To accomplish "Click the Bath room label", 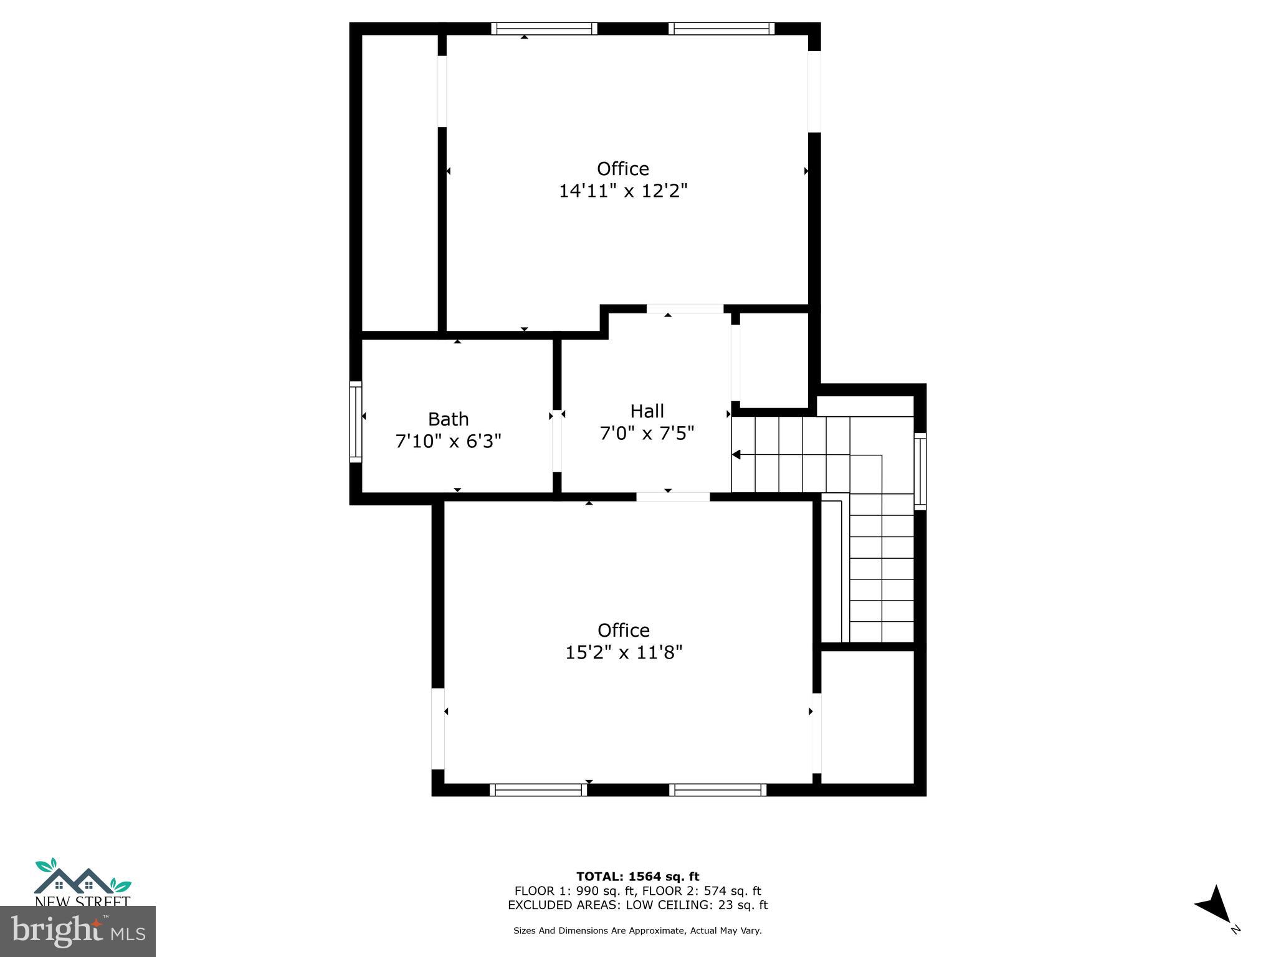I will tap(448, 419).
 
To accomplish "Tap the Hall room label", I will tap(647, 411).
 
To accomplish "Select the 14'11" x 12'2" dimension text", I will tap(622, 191).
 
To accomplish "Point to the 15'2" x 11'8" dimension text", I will tap(624, 652).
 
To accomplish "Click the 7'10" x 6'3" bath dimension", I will tap(448, 441).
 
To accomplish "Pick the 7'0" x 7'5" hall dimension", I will tap(647, 433).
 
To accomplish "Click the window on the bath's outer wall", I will tap(355, 422).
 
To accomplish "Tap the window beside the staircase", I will tap(920, 472).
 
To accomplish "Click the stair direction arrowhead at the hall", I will tap(736, 455).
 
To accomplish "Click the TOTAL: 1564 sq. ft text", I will tap(637, 877).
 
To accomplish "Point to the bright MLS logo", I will tap(77, 931).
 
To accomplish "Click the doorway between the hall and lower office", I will tap(673, 497).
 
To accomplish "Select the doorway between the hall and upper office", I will tap(685, 309).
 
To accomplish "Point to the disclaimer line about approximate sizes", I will tap(637, 931).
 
